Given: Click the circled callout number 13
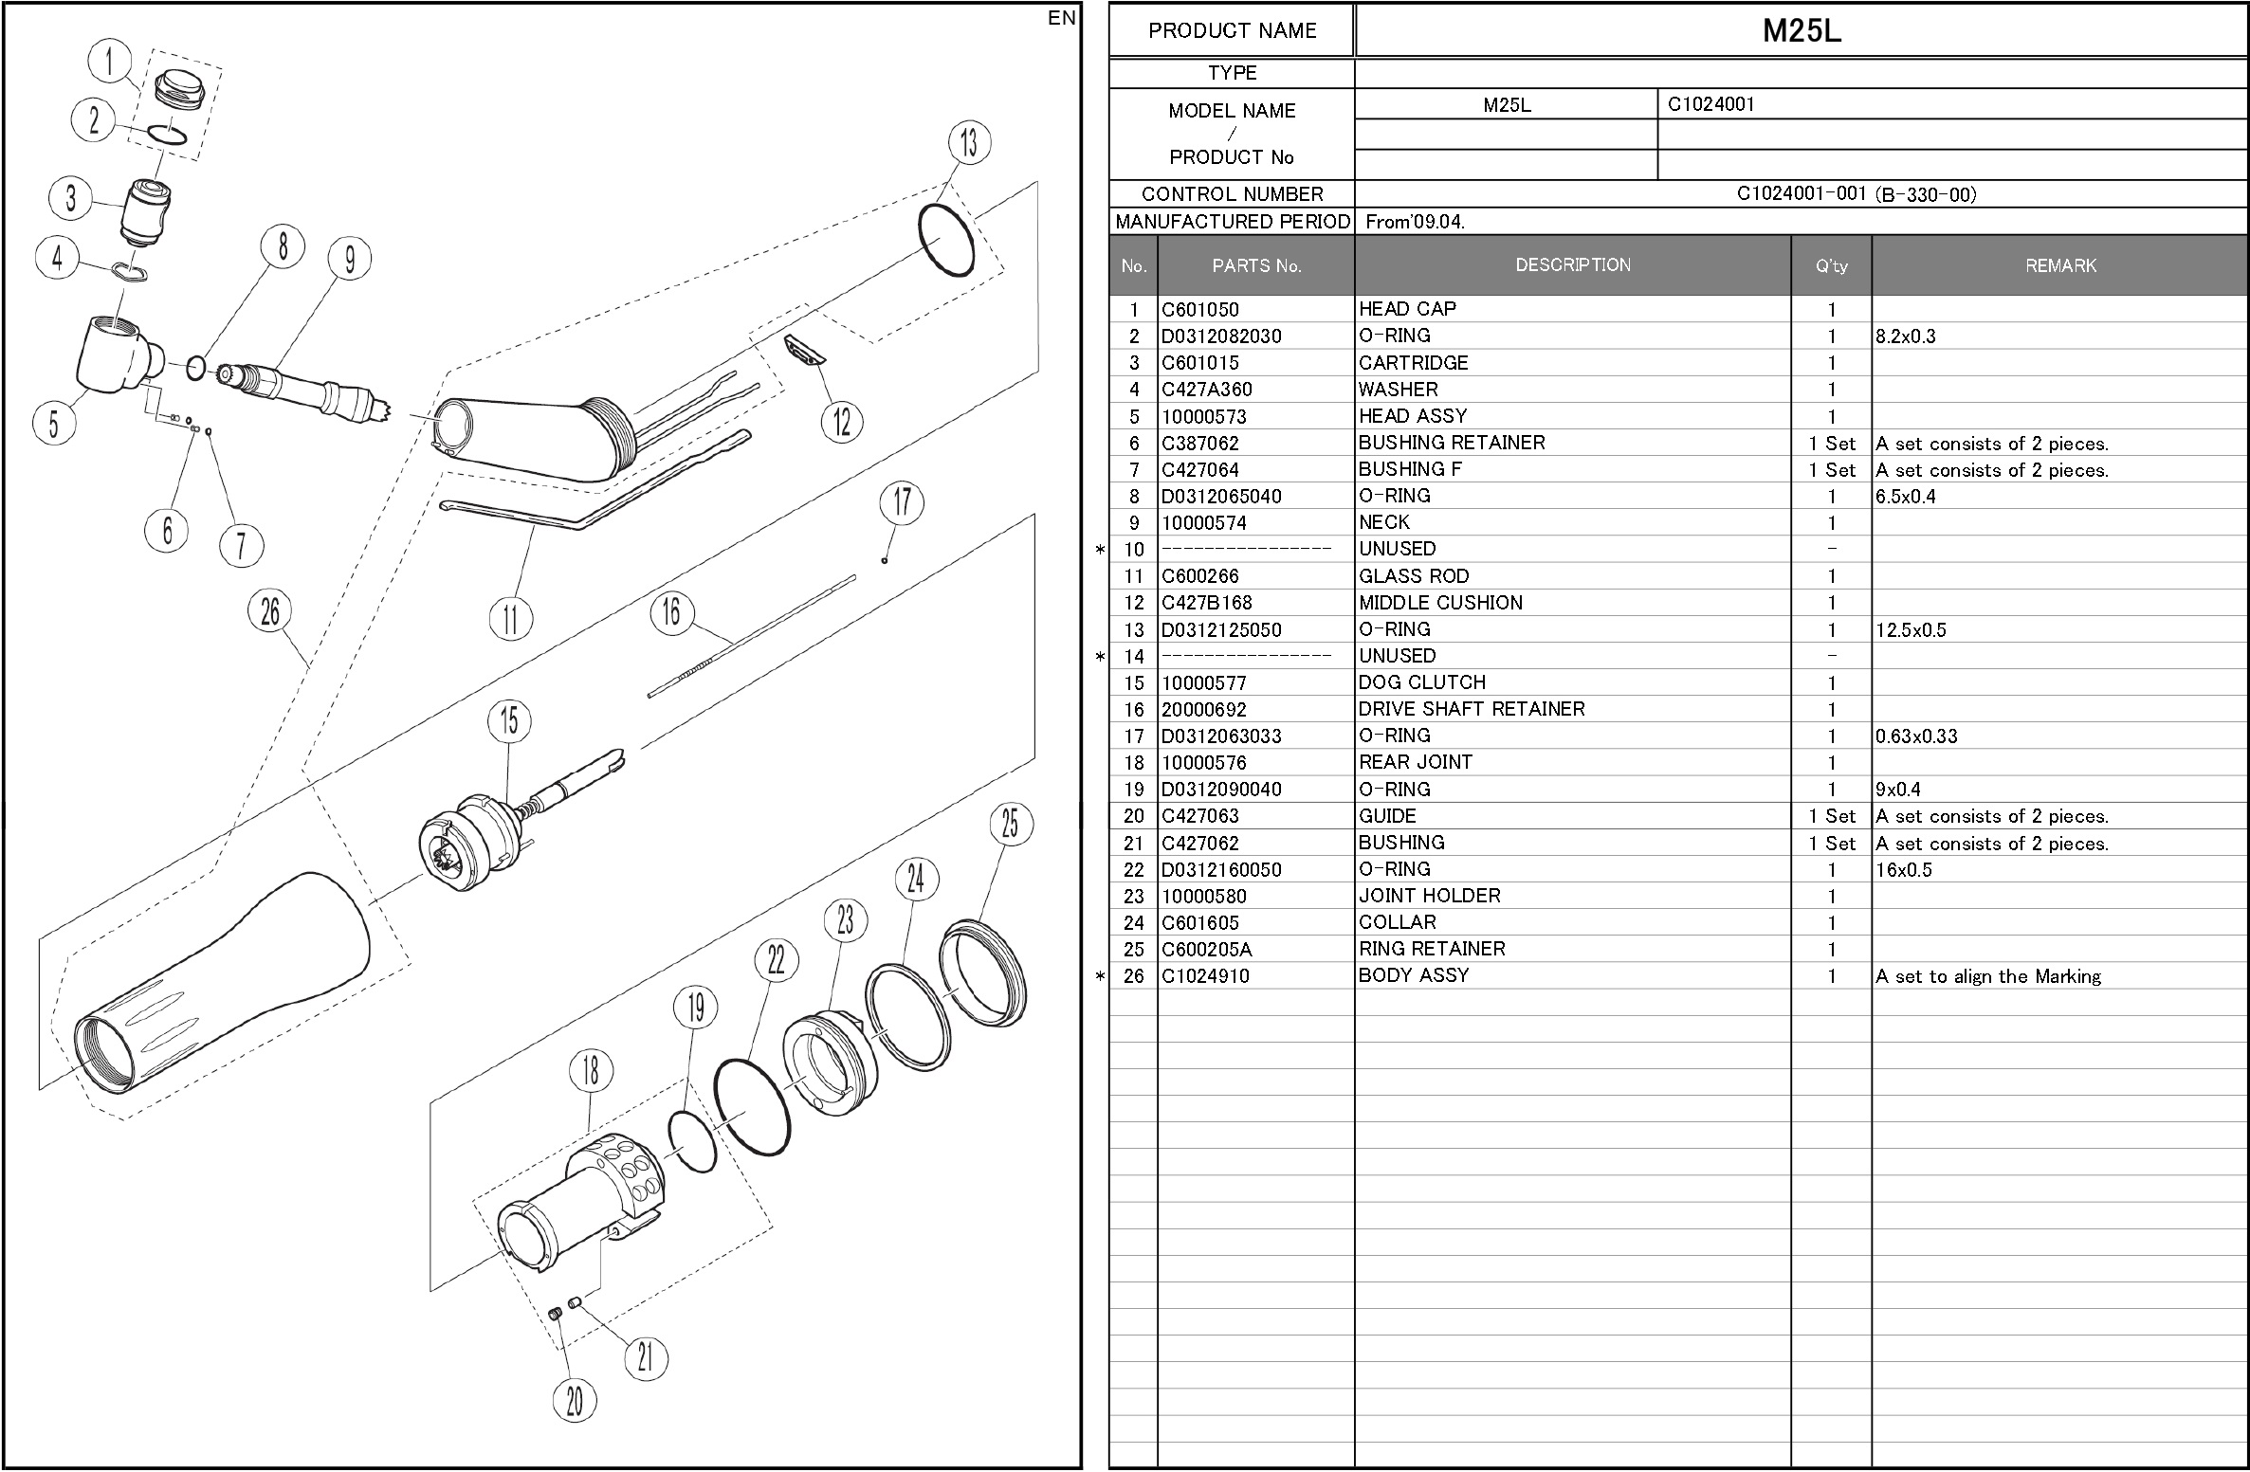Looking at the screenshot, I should pos(968,143).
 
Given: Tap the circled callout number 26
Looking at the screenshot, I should pos(270,611).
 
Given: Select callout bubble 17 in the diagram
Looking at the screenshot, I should pos(902,501).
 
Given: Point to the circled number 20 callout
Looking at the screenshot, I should pos(575,1400).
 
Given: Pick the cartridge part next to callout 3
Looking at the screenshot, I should pos(146,210).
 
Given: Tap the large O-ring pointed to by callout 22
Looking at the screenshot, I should pos(752,1106).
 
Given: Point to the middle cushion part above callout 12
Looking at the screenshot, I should pos(805,349).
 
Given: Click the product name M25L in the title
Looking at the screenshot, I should pos(1801,30).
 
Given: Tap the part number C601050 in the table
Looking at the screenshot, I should pos(1199,310).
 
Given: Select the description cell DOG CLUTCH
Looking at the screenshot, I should pos(1421,682).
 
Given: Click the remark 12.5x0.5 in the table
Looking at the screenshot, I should pos(1910,630).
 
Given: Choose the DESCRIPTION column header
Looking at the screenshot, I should pos(1572,265).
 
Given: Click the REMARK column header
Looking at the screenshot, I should pos(2059,266).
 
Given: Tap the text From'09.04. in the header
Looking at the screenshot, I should pos(1415,222).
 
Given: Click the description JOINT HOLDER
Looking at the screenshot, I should pos(1429,896).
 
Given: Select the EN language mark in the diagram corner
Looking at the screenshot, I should pos(1062,18).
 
